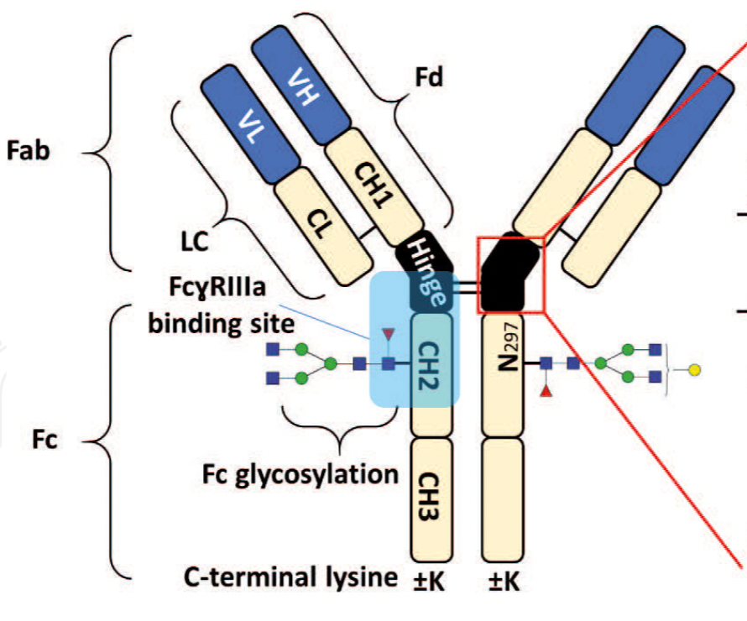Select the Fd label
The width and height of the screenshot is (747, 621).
click(x=429, y=79)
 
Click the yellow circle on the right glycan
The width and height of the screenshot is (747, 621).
click(x=694, y=368)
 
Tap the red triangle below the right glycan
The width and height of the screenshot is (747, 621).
click(x=546, y=392)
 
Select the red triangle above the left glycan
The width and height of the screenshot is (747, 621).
click(x=388, y=336)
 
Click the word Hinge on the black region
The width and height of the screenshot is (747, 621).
click(x=430, y=269)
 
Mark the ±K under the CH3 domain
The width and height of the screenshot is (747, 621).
click(x=432, y=580)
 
